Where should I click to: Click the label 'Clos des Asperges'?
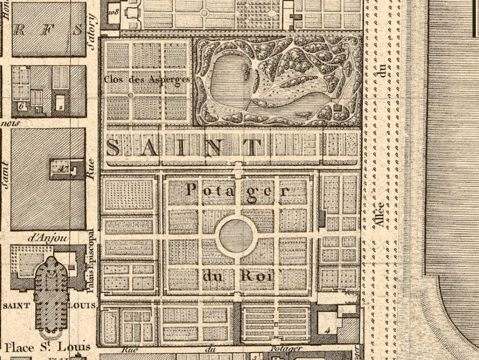coord(147,79)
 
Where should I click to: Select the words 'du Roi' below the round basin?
coord(237,275)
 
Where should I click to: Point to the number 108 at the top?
coord(113,12)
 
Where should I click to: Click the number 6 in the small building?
coord(21,106)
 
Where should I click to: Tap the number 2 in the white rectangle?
coord(60,107)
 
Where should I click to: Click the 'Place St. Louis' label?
coord(47,347)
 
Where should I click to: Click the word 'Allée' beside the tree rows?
coord(380,215)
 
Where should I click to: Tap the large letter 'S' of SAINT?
coord(113,147)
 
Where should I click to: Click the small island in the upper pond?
coord(246,69)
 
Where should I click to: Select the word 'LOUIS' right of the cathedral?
coord(82,306)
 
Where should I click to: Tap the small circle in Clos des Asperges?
coord(131,95)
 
